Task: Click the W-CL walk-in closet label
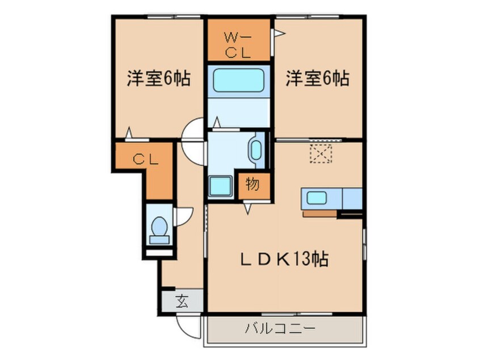click(x=239, y=45)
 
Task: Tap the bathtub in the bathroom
click(x=238, y=80)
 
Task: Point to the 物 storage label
click(x=252, y=184)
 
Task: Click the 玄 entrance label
click(x=182, y=301)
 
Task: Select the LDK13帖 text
click(x=282, y=259)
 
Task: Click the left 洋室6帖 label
click(x=157, y=79)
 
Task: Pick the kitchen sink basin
click(x=317, y=199)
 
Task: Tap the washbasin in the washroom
click(x=255, y=150)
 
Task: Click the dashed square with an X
click(x=320, y=153)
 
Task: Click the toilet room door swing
click(x=185, y=216)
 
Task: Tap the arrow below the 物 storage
click(x=248, y=208)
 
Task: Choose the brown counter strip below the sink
click(x=321, y=214)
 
